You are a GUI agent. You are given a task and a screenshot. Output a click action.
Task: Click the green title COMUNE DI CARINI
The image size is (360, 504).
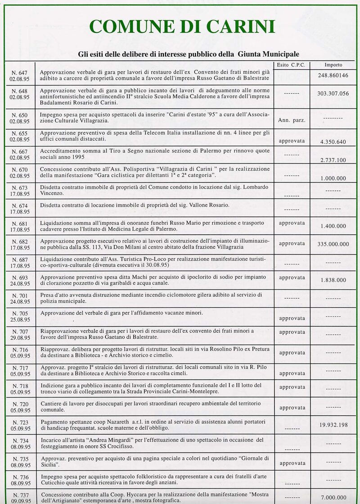182,27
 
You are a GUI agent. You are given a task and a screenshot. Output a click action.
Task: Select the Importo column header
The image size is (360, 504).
333,65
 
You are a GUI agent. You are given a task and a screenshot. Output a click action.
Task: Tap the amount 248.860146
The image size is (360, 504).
333,75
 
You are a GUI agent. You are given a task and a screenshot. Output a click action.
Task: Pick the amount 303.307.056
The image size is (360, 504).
333,94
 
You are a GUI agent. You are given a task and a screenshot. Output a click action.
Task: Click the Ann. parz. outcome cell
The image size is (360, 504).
292,120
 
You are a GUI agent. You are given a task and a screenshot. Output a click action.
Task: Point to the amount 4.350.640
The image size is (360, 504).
333,142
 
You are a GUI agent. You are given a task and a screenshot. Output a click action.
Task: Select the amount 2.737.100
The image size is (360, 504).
333,160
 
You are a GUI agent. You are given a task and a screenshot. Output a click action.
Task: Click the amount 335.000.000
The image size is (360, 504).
333,244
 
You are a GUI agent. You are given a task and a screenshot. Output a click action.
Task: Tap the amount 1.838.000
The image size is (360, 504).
333,280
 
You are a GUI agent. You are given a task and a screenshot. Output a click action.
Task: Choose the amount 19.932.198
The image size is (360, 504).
333,425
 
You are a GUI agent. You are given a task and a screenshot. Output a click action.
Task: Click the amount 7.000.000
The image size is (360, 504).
333,497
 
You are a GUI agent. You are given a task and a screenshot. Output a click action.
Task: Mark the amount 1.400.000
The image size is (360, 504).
333,226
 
